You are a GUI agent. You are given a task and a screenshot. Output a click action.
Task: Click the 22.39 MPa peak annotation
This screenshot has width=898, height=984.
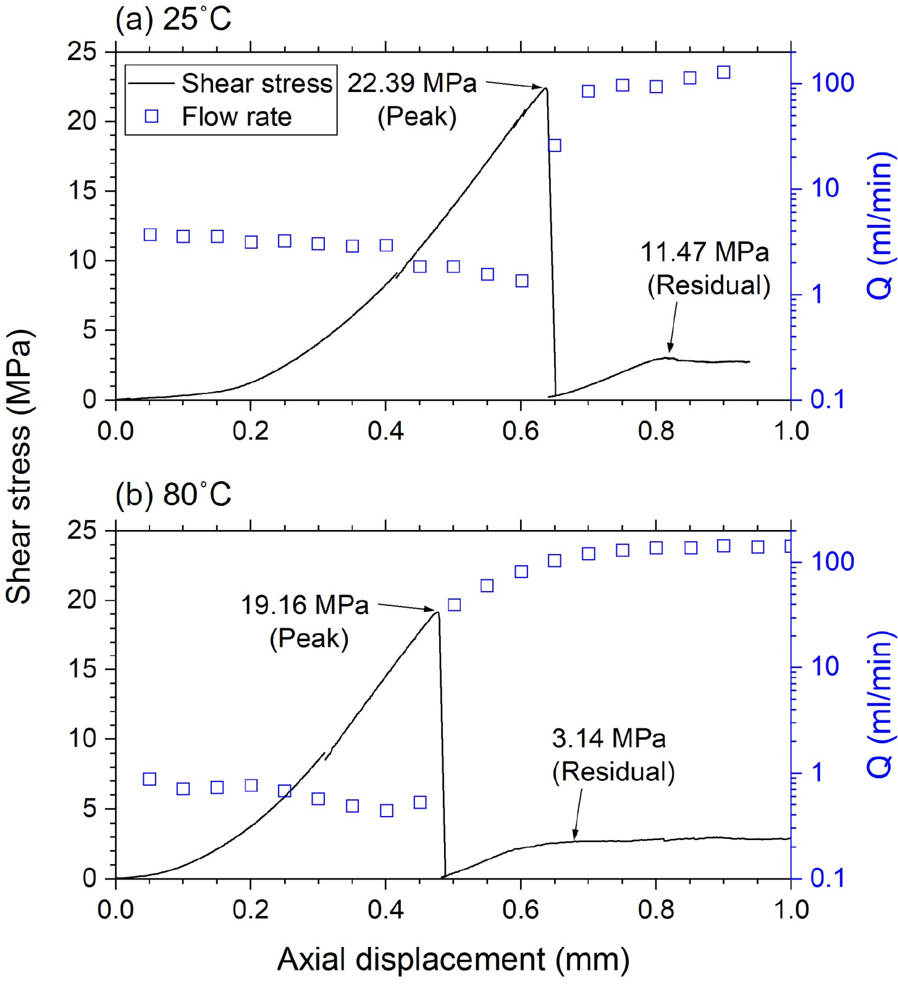(x=412, y=99)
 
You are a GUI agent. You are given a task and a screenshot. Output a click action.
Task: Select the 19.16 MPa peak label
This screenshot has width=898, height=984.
(x=304, y=621)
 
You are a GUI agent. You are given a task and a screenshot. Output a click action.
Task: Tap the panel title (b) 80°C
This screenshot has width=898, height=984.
(x=173, y=495)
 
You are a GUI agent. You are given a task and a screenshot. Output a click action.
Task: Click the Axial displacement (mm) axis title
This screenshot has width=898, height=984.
(x=453, y=959)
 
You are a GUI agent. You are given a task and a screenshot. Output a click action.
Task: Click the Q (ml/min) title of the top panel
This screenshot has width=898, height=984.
(x=881, y=225)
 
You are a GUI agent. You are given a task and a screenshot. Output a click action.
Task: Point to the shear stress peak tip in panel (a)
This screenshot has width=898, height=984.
(x=545, y=88)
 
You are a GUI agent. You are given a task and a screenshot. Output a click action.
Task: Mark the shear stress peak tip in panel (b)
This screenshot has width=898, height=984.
(x=437, y=612)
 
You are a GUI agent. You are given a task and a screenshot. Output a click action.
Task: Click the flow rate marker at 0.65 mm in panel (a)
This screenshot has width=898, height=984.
(x=555, y=146)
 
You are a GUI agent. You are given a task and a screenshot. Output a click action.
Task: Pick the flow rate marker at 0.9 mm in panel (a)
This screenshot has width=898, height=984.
(x=724, y=72)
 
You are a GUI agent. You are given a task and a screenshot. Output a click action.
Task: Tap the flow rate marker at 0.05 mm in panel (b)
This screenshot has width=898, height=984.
(x=149, y=779)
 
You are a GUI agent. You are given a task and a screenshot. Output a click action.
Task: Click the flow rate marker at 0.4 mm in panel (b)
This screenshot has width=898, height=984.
(x=387, y=810)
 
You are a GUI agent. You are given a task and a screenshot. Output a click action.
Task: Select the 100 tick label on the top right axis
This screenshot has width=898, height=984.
(x=832, y=83)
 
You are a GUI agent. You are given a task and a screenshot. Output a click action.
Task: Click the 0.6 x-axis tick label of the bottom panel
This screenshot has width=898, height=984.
(x=520, y=910)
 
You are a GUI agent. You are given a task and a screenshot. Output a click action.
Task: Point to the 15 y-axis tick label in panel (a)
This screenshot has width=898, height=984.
(x=83, y=190)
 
